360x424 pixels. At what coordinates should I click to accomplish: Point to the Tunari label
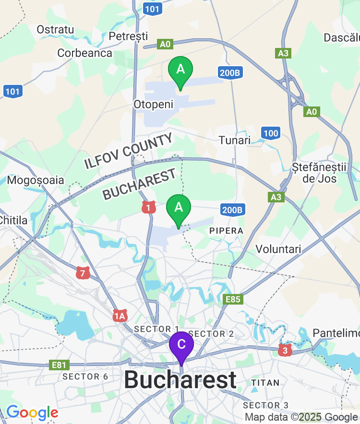[235, 140]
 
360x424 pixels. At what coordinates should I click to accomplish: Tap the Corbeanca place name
[85, 53]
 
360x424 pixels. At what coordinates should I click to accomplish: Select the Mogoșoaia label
[36, 180]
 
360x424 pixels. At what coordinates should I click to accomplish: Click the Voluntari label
[278, 249]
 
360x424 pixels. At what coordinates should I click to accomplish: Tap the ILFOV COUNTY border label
[129, 151]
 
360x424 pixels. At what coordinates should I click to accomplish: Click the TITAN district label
[265, 383]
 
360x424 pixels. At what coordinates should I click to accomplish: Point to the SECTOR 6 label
[85, 377]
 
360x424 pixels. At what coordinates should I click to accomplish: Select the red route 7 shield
[83, 273]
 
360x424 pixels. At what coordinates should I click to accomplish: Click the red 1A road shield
[120, 315]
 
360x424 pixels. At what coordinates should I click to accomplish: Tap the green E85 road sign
[233, 299]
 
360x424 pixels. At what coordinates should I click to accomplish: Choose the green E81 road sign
[59, 365]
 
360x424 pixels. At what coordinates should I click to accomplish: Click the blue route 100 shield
[271, 133]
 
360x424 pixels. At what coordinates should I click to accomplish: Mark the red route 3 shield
[285, 350]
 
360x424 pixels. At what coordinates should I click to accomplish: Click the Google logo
[32, 412]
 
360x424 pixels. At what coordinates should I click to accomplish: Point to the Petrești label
[129, 36]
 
